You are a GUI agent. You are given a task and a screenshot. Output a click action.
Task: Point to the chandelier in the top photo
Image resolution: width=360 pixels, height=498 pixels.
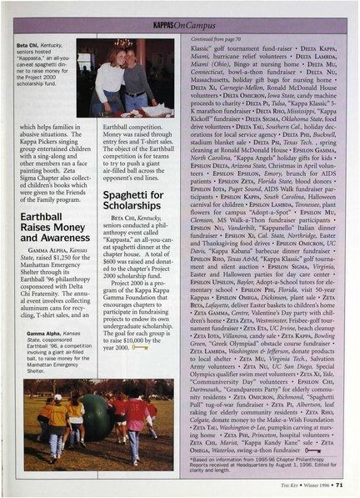tap(123, 42)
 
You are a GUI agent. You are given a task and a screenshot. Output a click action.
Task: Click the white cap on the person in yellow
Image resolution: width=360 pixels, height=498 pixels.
tap(57, 398)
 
